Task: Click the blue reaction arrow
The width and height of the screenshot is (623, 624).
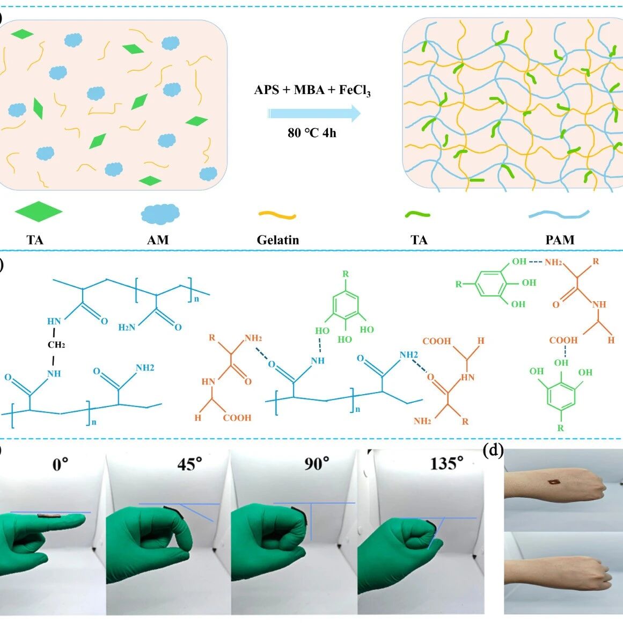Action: pyautogui.click(x=314, y=113)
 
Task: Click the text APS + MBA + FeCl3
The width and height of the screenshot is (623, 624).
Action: pyautogui.click(x=312, y=90)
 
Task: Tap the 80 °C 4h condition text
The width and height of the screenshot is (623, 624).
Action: pyautogui.click(x=312, y=133)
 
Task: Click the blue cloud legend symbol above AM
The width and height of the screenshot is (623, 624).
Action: pyautogui.click(x=160, y=213)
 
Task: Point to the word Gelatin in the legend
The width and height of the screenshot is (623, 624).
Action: pyautogui.click(x=277, y=240)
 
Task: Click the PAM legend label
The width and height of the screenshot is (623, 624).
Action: pyautogui.click(x=560, y=240)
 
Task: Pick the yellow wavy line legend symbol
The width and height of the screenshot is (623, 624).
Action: pyautogui.click(x=277, y=215)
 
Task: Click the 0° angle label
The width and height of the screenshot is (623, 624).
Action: pyautogui.click(x=61, y=464)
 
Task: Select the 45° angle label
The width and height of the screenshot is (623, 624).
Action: pyautogui.click(x=189, y=464)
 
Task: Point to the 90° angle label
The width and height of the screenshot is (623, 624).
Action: pyautogui.click(x=317, y=463)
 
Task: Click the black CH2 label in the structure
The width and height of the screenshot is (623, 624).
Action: pyautogui.click(x=56, y=345)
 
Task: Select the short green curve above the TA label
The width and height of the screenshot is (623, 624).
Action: pyautogui.click(x=417, y=215)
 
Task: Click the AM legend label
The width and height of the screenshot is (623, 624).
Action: pyautogui.click(x=158, y=240)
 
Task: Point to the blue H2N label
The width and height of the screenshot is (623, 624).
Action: pyautogui.click(x=127, y=327)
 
